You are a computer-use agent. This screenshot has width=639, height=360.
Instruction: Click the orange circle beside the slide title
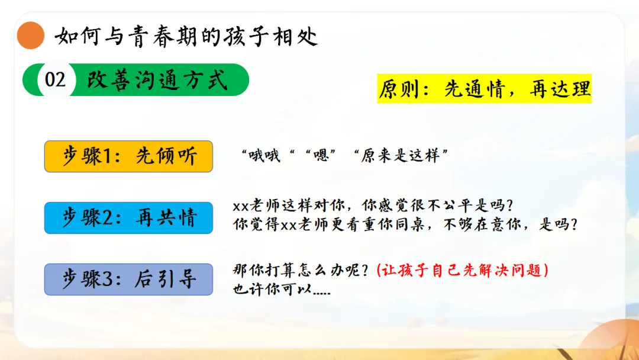(31, 36)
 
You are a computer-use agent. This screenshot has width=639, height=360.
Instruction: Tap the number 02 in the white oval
(55, 79)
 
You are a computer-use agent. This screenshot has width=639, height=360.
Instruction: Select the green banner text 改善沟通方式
(157, 79)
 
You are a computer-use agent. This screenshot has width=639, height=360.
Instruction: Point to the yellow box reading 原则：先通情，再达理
(484, 88)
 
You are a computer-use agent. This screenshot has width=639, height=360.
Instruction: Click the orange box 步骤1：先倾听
(128, 156)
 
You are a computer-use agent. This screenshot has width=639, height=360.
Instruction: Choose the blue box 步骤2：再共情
(128, 218)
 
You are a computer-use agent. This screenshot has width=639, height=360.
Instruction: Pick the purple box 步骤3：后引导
(128, 279)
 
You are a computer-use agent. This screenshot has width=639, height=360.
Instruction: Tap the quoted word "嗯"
(321, 155)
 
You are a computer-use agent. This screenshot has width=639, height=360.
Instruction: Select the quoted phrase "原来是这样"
(401, 155)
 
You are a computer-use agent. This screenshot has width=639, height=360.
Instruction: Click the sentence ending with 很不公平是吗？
(373, 205)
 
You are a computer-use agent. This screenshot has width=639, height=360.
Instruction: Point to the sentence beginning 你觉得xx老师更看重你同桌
(405, 224)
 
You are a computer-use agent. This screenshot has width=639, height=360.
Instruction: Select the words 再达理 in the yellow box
(560, 89)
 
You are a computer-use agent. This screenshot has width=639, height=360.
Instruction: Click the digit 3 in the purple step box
(109, 279)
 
